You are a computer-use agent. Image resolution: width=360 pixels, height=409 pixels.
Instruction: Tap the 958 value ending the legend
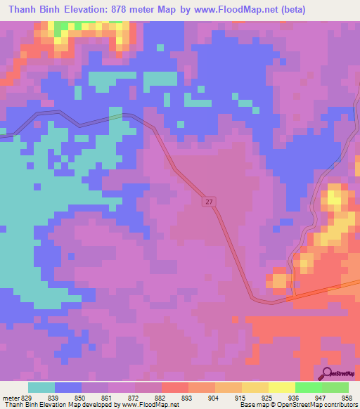[x=347, y=398]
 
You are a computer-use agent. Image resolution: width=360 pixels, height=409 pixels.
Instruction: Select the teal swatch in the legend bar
[x=41, y=387]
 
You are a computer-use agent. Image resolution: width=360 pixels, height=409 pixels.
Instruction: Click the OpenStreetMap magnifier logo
[x=327, y=374]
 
